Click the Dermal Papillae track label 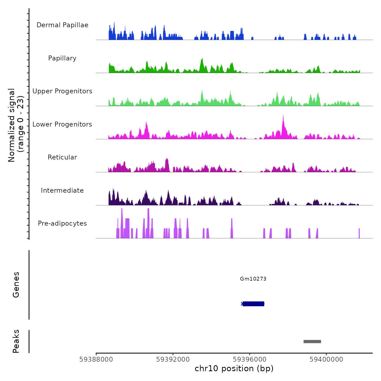coord(62,25)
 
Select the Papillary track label coord(62,58)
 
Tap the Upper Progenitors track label coord(62,91)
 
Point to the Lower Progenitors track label coord(62,124)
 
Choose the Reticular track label coord(62,157)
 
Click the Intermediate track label coord(62,190)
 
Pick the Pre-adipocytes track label coord(62,223)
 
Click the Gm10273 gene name coord(253,279)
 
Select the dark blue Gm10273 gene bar coord(253,304)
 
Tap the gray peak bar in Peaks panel coord(312,342)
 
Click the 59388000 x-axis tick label coord(96,360)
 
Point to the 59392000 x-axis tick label coord(173,360)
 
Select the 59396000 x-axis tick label coord(250,360)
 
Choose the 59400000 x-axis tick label coord(326,360)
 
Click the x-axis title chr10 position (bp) coord(234,368)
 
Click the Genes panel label coord(16,285)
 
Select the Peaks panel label coord(16,341)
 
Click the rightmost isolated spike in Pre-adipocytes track coord(359,233)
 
